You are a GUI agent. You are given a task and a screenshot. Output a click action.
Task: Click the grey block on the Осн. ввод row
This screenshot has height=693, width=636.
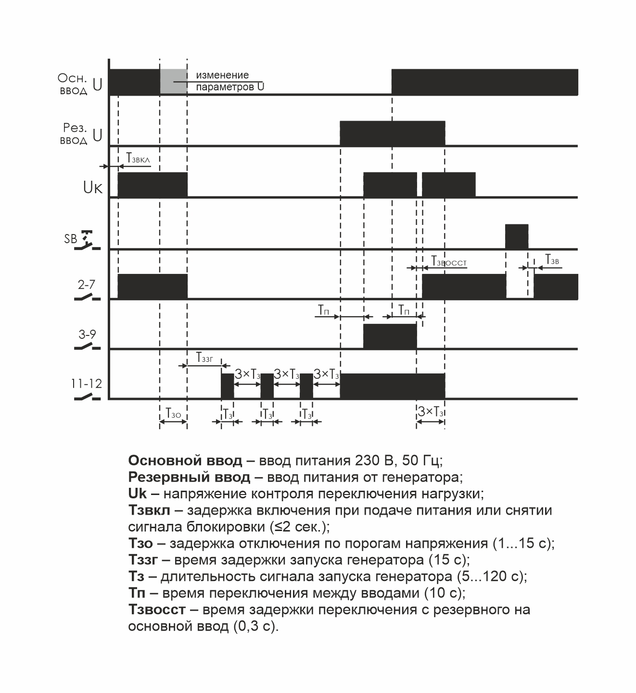173,81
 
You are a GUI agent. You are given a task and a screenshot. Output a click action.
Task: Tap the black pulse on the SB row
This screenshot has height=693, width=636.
516,236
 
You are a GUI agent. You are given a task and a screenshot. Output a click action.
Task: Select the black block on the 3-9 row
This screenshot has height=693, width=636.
390,336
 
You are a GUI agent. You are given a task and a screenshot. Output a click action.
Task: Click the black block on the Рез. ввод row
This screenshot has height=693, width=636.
392,133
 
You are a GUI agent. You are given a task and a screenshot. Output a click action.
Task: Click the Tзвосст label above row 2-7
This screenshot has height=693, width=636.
449,262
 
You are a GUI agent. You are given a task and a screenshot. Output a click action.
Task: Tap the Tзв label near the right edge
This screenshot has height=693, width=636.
551,260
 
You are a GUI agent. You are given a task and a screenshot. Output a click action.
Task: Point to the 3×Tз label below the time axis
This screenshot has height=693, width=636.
431,412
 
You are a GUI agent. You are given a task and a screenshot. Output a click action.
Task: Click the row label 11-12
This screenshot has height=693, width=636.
87,384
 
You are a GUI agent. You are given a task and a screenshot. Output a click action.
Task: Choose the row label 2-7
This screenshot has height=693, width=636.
87,285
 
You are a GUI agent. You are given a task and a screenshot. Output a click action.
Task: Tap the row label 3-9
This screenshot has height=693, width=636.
87,334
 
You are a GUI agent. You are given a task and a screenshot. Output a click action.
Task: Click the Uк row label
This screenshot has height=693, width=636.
93,187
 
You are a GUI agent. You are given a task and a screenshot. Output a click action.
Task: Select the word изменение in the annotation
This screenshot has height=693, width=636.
222,75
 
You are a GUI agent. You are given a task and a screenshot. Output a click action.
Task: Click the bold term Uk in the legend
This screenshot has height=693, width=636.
138,494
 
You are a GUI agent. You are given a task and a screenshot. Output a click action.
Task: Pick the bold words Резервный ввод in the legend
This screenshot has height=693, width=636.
189,477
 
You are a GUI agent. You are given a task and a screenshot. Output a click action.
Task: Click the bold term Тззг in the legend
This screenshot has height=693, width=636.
143,560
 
